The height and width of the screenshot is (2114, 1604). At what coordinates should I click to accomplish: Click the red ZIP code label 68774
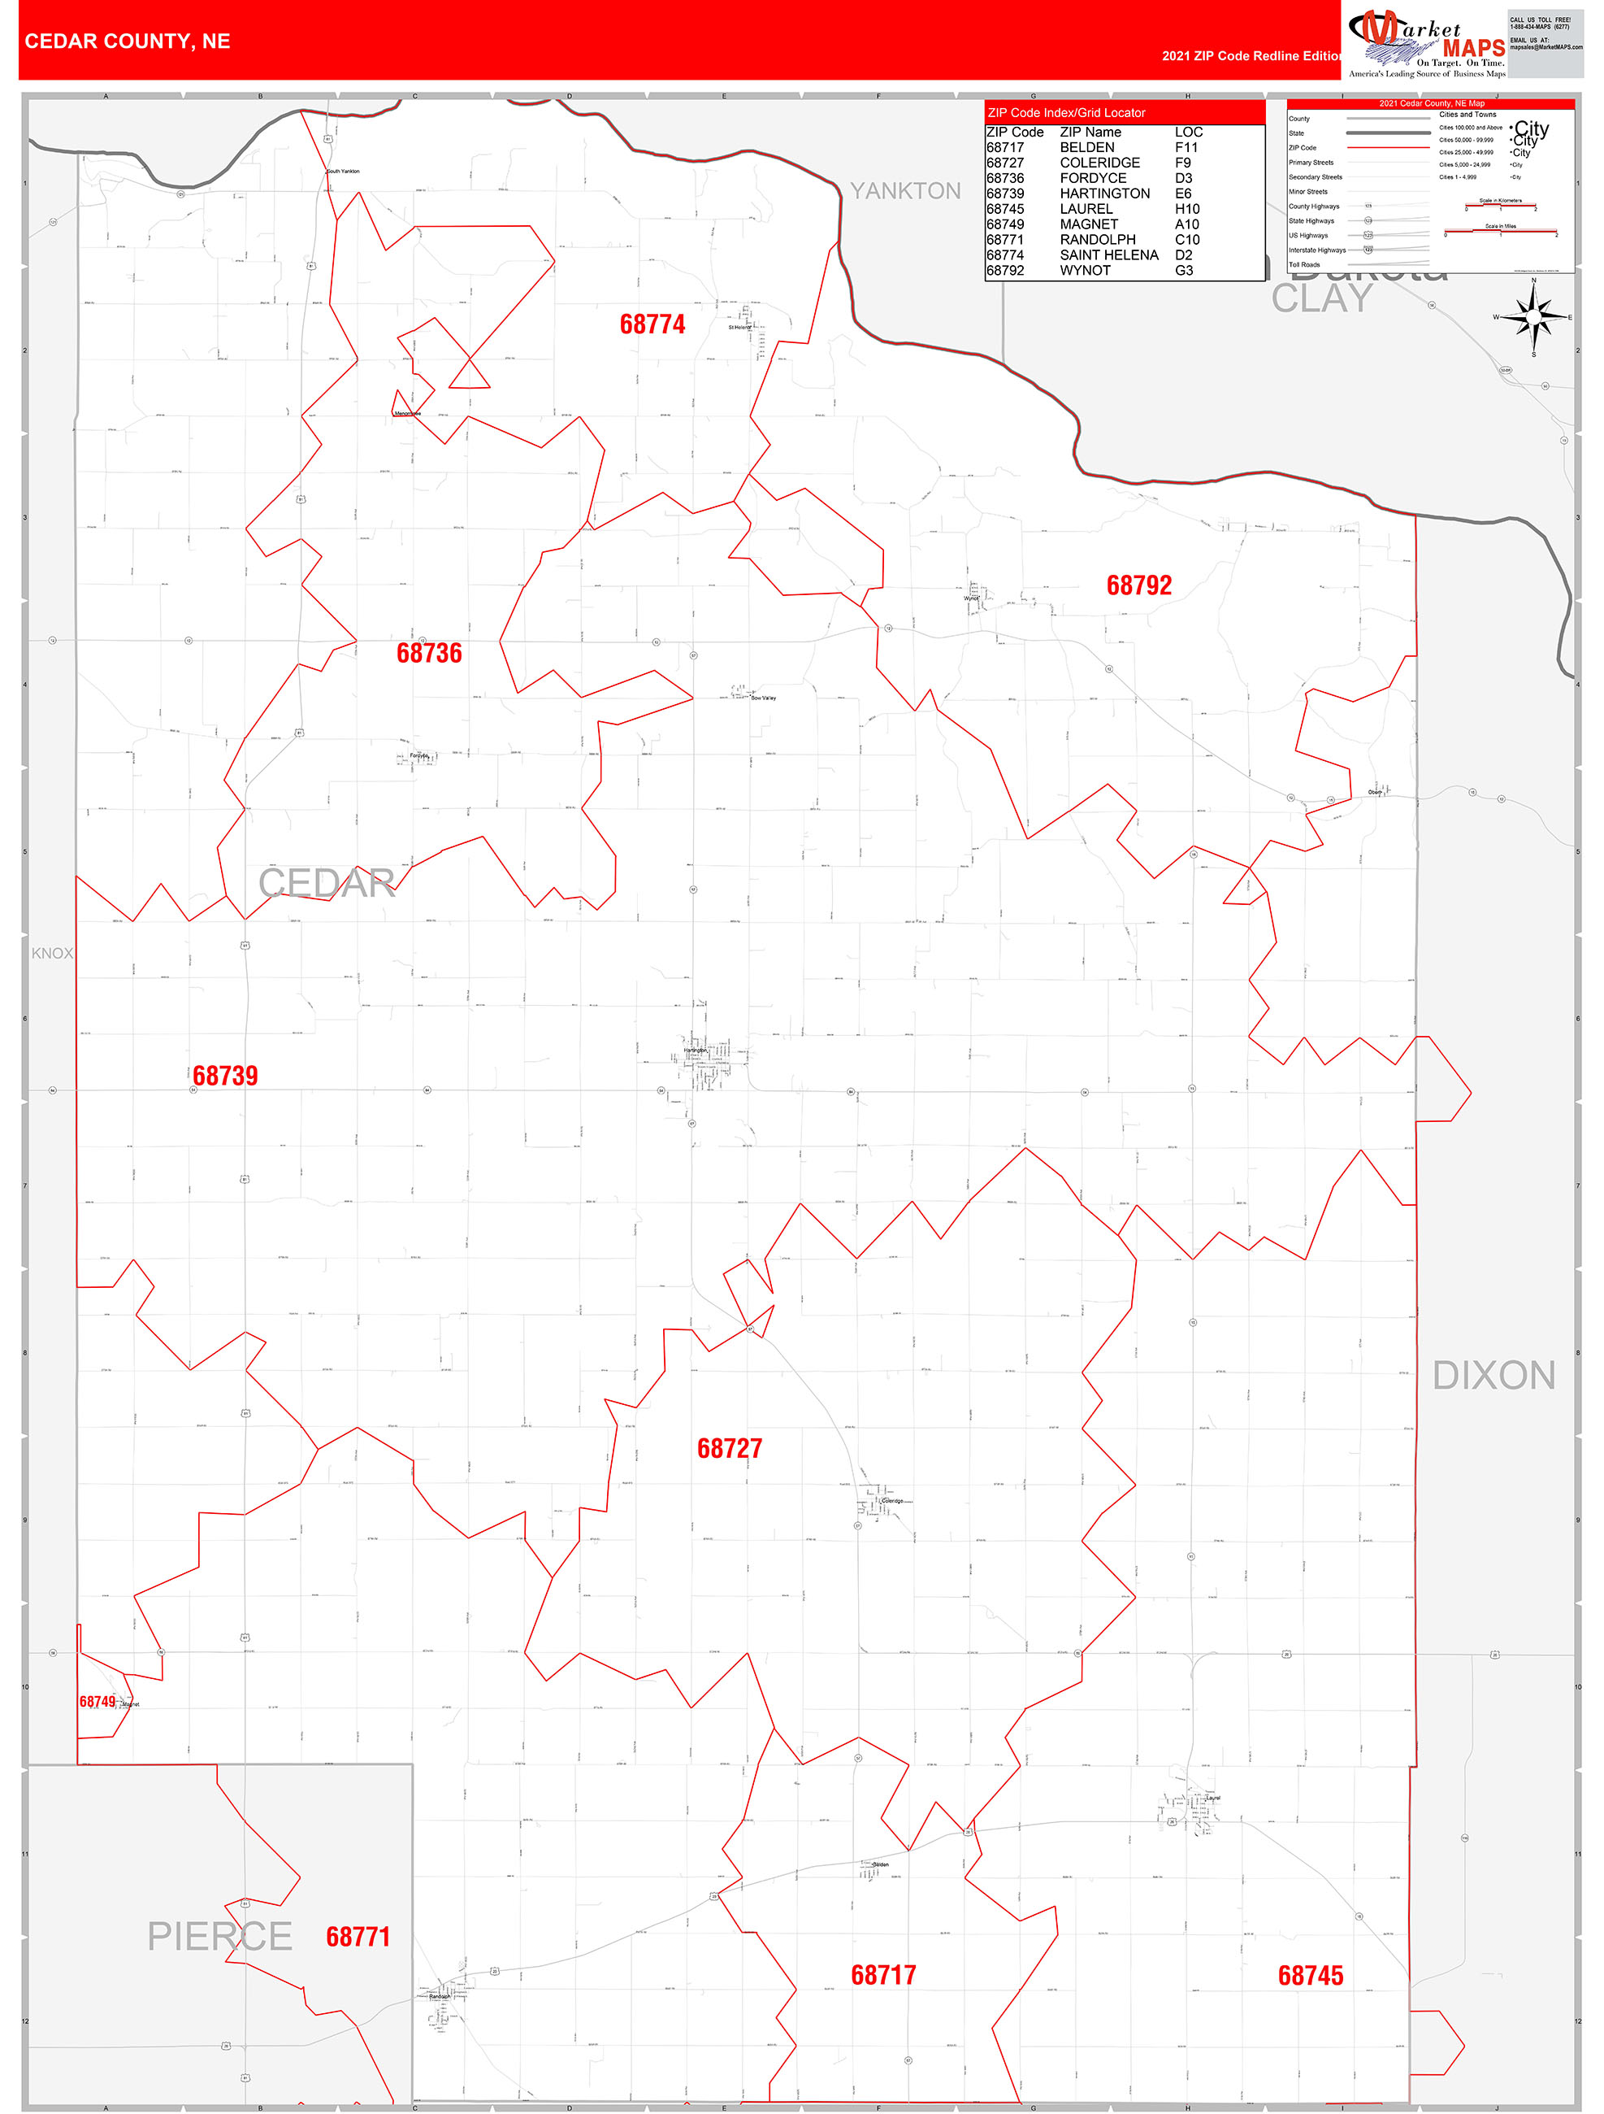click(652, 325)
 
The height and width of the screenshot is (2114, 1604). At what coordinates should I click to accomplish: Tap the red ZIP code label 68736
click(429, 654)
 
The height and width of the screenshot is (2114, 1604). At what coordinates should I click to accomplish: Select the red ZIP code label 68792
click(1138, 586)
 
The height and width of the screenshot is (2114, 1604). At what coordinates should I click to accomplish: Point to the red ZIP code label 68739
click(225, 1077)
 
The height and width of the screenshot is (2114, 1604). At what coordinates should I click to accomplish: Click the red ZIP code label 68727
click(730, 1449)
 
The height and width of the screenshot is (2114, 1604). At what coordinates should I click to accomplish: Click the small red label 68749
click(98, 1702)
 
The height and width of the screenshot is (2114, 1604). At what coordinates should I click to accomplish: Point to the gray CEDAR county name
click(327, 883)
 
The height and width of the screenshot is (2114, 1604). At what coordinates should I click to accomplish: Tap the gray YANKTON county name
click(906, 191)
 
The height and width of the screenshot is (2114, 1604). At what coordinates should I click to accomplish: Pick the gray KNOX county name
click(51, 953)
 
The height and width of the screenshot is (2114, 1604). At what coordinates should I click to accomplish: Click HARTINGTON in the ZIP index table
click(1105, 193)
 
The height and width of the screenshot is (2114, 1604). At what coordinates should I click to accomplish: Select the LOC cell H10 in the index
click(1187, 209)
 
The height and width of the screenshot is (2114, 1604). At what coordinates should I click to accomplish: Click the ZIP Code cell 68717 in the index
click(1005, 147)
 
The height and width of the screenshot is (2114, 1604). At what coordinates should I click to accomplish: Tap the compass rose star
click(1534, 317)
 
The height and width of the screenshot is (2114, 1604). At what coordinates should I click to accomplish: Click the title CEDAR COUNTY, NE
click(127, 41)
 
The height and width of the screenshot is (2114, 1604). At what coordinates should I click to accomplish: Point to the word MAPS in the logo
click(1473, 48)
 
